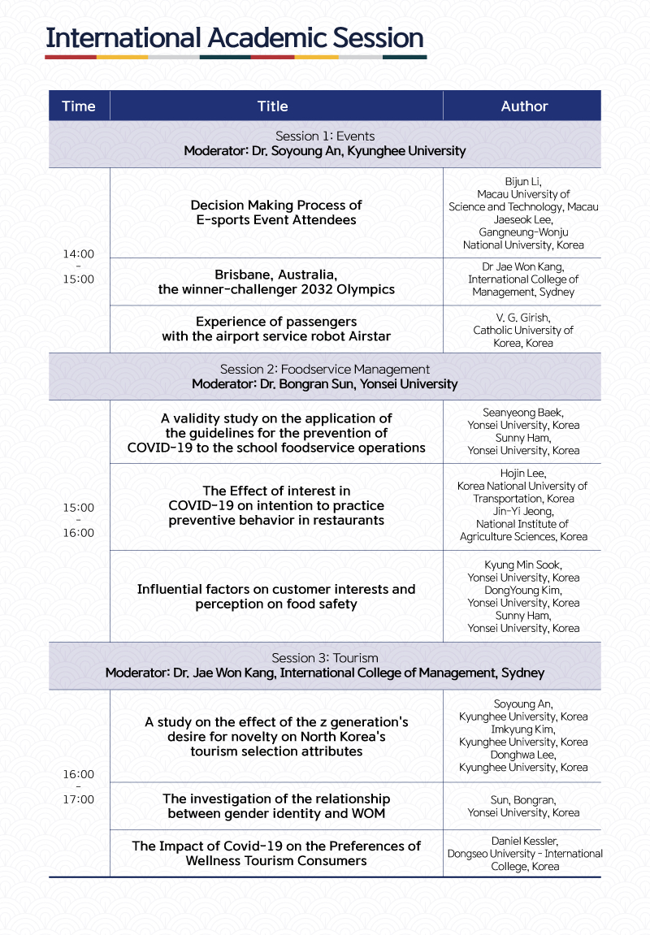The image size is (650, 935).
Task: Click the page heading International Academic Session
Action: coord(235,38)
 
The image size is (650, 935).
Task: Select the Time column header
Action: coord(79,106)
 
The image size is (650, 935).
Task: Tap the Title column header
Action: coord(273,106)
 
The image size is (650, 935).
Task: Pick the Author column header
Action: coord(524,106)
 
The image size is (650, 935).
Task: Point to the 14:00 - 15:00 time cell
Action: coord(79,266)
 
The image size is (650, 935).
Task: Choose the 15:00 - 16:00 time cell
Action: coord(79,520)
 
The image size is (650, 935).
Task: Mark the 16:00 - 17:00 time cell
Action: coord(79,786)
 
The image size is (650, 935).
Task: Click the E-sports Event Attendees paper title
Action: coord(276,212)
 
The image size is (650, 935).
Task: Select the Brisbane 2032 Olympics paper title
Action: coord(276,281)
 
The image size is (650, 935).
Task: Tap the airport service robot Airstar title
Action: coord(276,329)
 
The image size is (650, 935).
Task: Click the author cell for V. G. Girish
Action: coord(523,330)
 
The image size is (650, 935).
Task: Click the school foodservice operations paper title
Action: coord(276,433)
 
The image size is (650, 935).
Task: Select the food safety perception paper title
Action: coord(276,596)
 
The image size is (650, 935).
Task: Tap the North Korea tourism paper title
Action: coord(276,736)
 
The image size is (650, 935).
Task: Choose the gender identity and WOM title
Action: coord(276,806)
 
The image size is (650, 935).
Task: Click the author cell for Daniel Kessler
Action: coord(523,853)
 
